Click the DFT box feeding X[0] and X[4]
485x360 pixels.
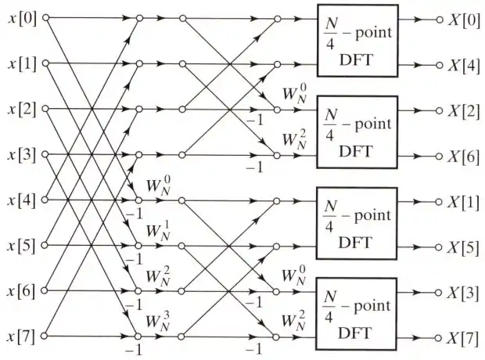click(x=357, y=40)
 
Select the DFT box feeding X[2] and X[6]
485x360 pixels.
click(x=357, y=131)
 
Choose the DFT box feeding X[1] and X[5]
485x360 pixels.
click(x=357, y=222)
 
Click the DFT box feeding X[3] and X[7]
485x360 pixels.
click(x=357, y=314)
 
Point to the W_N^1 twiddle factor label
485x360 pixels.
click(x=158, y=232)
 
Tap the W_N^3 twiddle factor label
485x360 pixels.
click(x=158, y=324)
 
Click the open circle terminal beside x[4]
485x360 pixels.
click(x=44, y=200)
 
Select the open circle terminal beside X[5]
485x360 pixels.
click(x=439, y=245)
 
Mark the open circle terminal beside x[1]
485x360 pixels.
click(x=44, y=63)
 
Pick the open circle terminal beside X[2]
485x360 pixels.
click(x=439, y=109)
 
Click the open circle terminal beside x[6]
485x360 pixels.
click(x=44, y=291)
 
